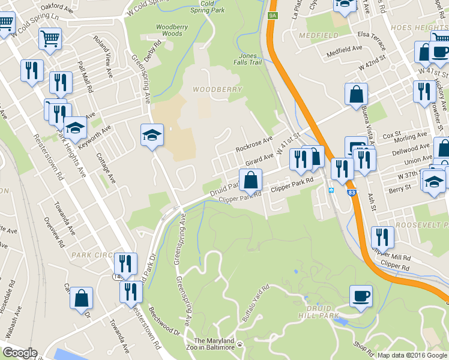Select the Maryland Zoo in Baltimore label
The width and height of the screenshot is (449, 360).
pyautogui.click(x=214, y=344)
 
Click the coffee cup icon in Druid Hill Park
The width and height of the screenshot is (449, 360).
pyautogui.click(x=361, y=296)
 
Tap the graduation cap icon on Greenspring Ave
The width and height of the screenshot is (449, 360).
pyautogui.click(x=152, y=135)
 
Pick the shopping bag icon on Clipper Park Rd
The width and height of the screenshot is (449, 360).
pyautogui.click(x=250, y=179)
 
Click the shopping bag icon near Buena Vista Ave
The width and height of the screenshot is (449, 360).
pyautogui.click(x=356, y=94)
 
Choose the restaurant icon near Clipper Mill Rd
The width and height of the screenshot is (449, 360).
pyautogui.click(x=382, y=238)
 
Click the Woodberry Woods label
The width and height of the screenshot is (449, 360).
pyautogui.click(x=169, y=30)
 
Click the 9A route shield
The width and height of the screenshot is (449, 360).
pyautogui.click(x=273, y=16)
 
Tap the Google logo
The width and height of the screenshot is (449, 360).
pyautogui.click(x=20, y=353)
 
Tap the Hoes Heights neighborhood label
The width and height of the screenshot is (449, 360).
pyautogui.click(x=419, y=28)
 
